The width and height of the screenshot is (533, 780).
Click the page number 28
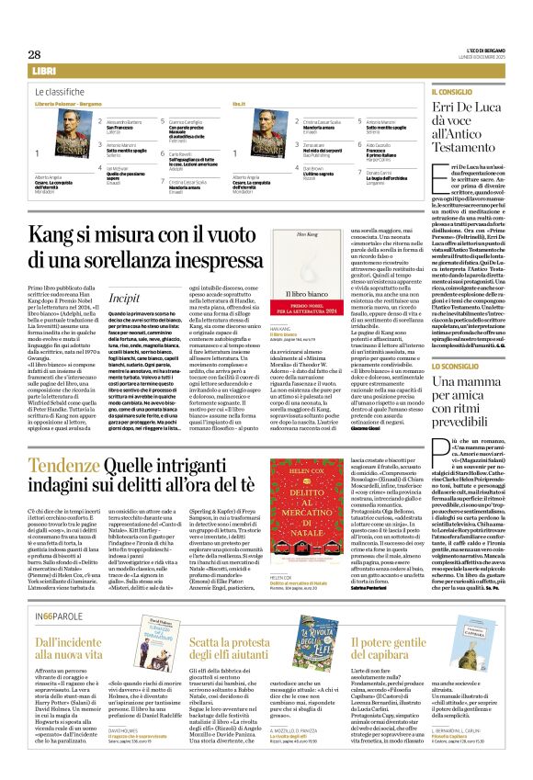point(33,54)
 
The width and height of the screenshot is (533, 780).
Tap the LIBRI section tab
point(43,71)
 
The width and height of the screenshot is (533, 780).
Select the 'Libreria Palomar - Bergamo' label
point(68,106)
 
